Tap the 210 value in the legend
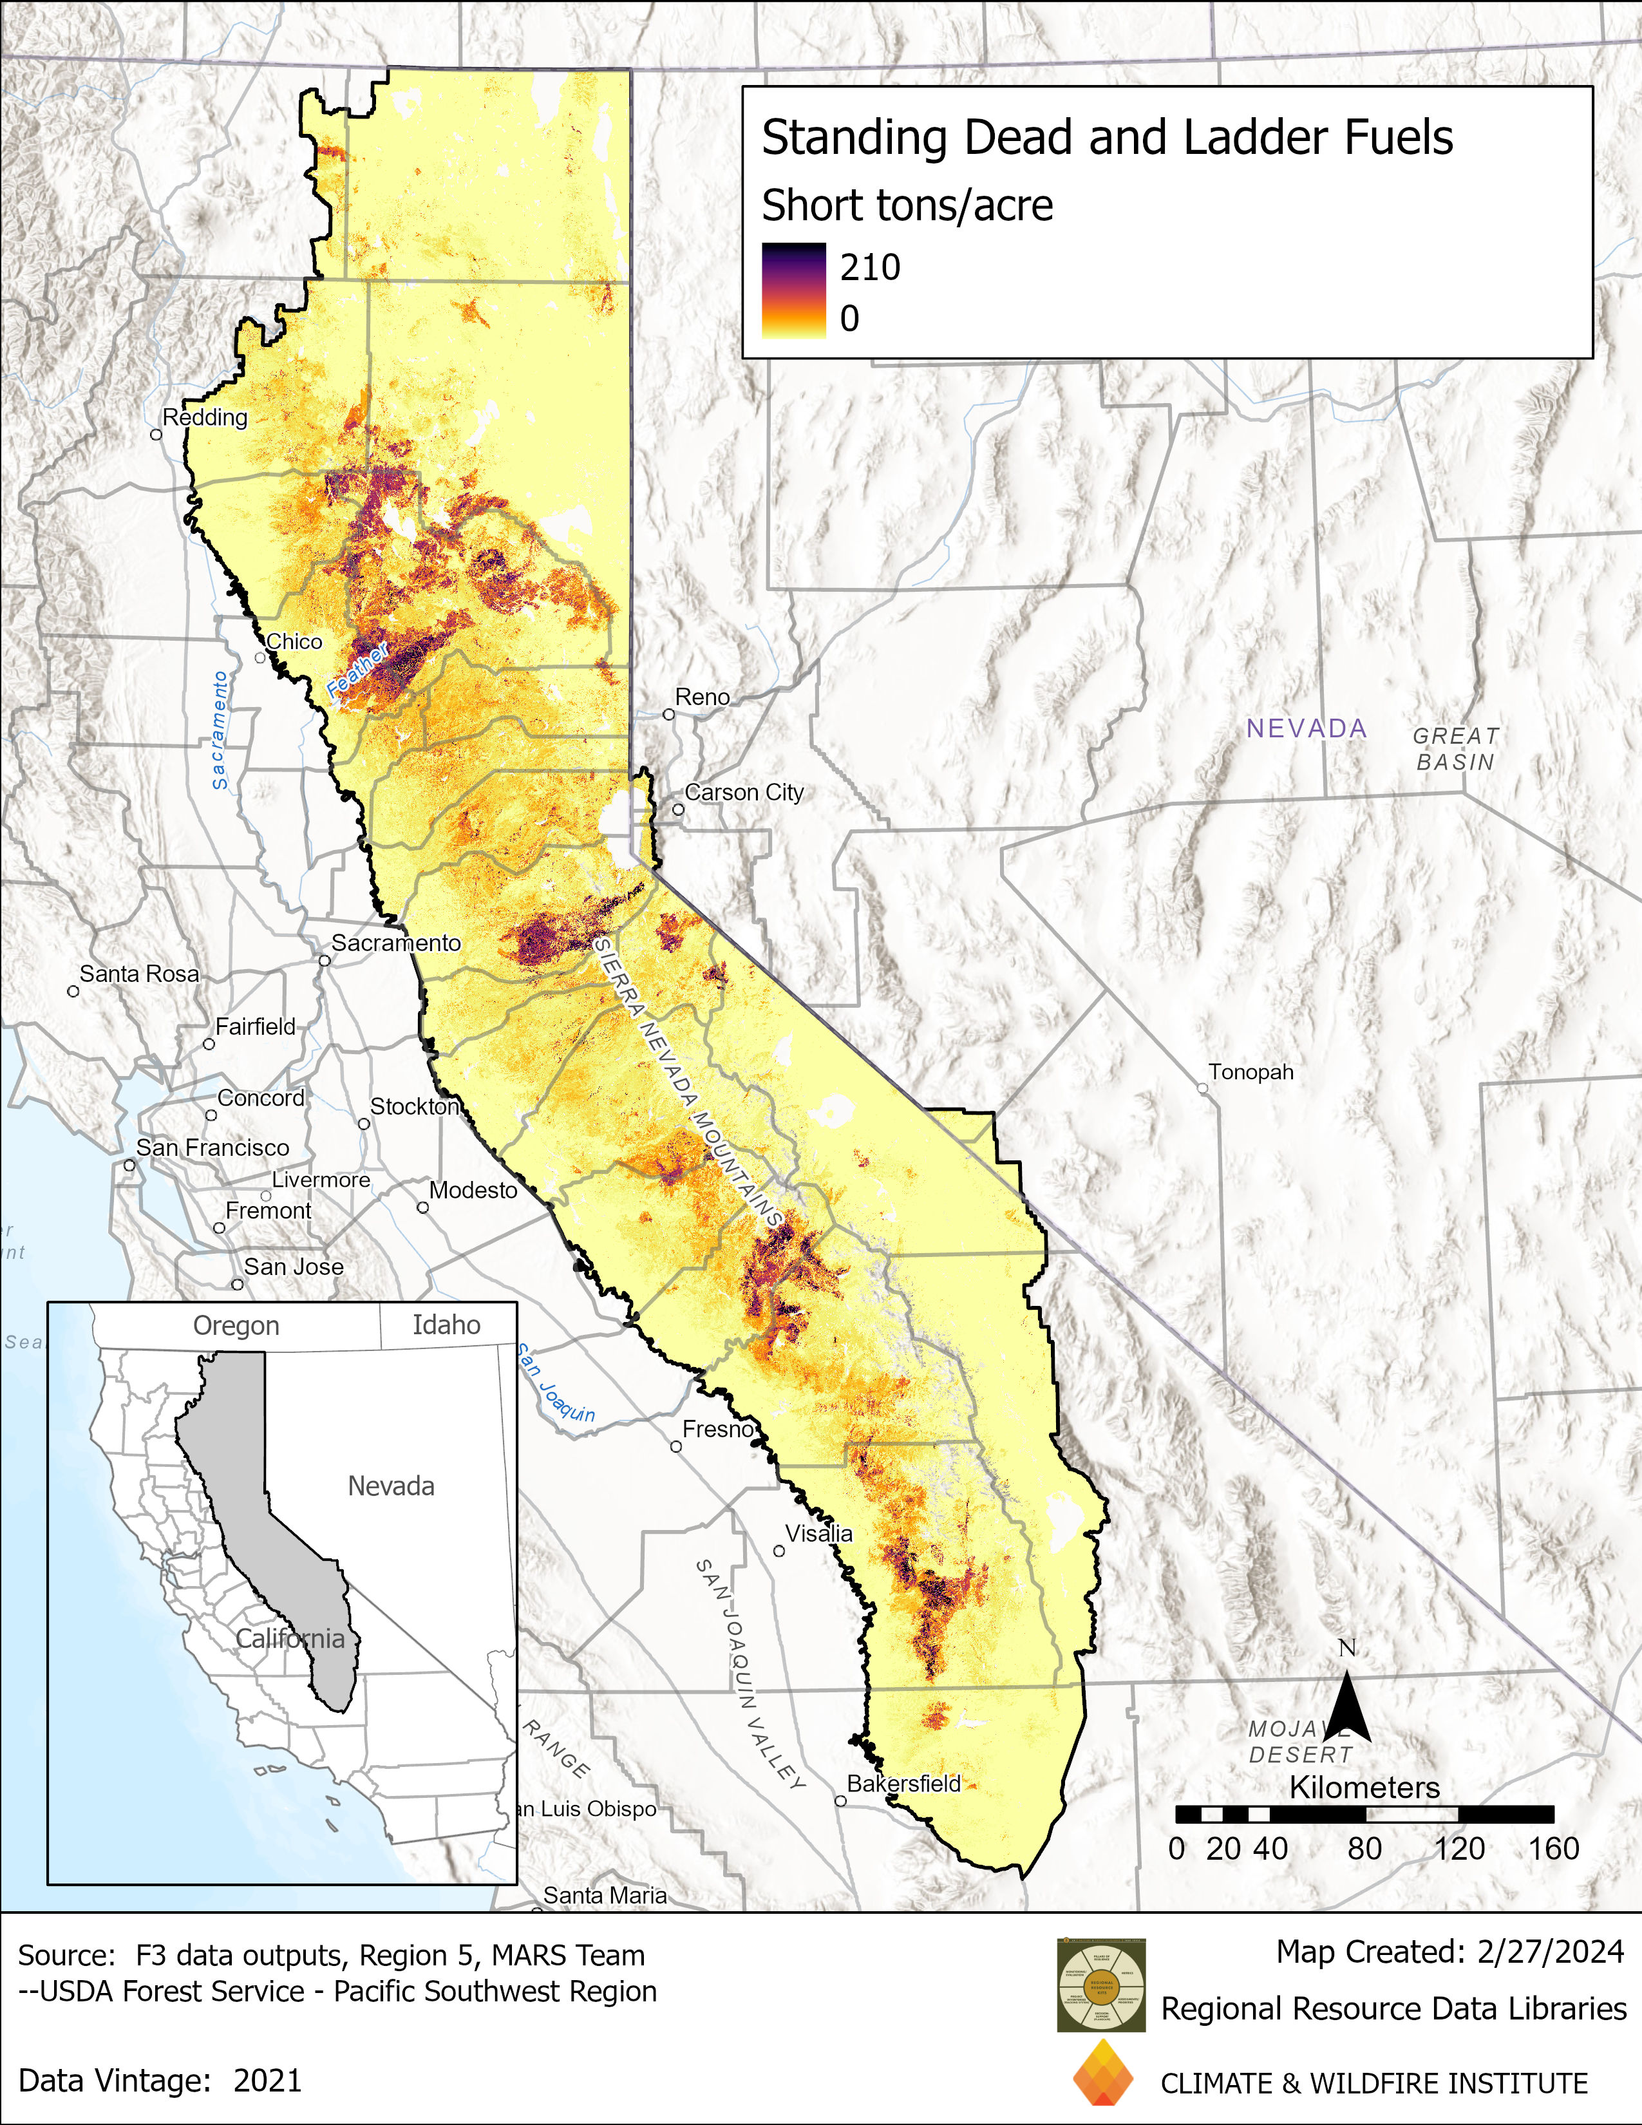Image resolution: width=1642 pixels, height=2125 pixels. (x=870, y=267)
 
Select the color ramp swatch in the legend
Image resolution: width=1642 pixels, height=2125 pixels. (x=794, y=290)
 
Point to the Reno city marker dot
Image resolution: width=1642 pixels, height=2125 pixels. (x=668, y=714)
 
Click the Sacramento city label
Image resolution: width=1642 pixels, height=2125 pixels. (x=396, y=942)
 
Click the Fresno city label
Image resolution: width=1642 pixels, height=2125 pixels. (x=718, y=1428)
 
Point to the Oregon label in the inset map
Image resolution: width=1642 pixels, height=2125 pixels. (x=236, y=1325)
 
